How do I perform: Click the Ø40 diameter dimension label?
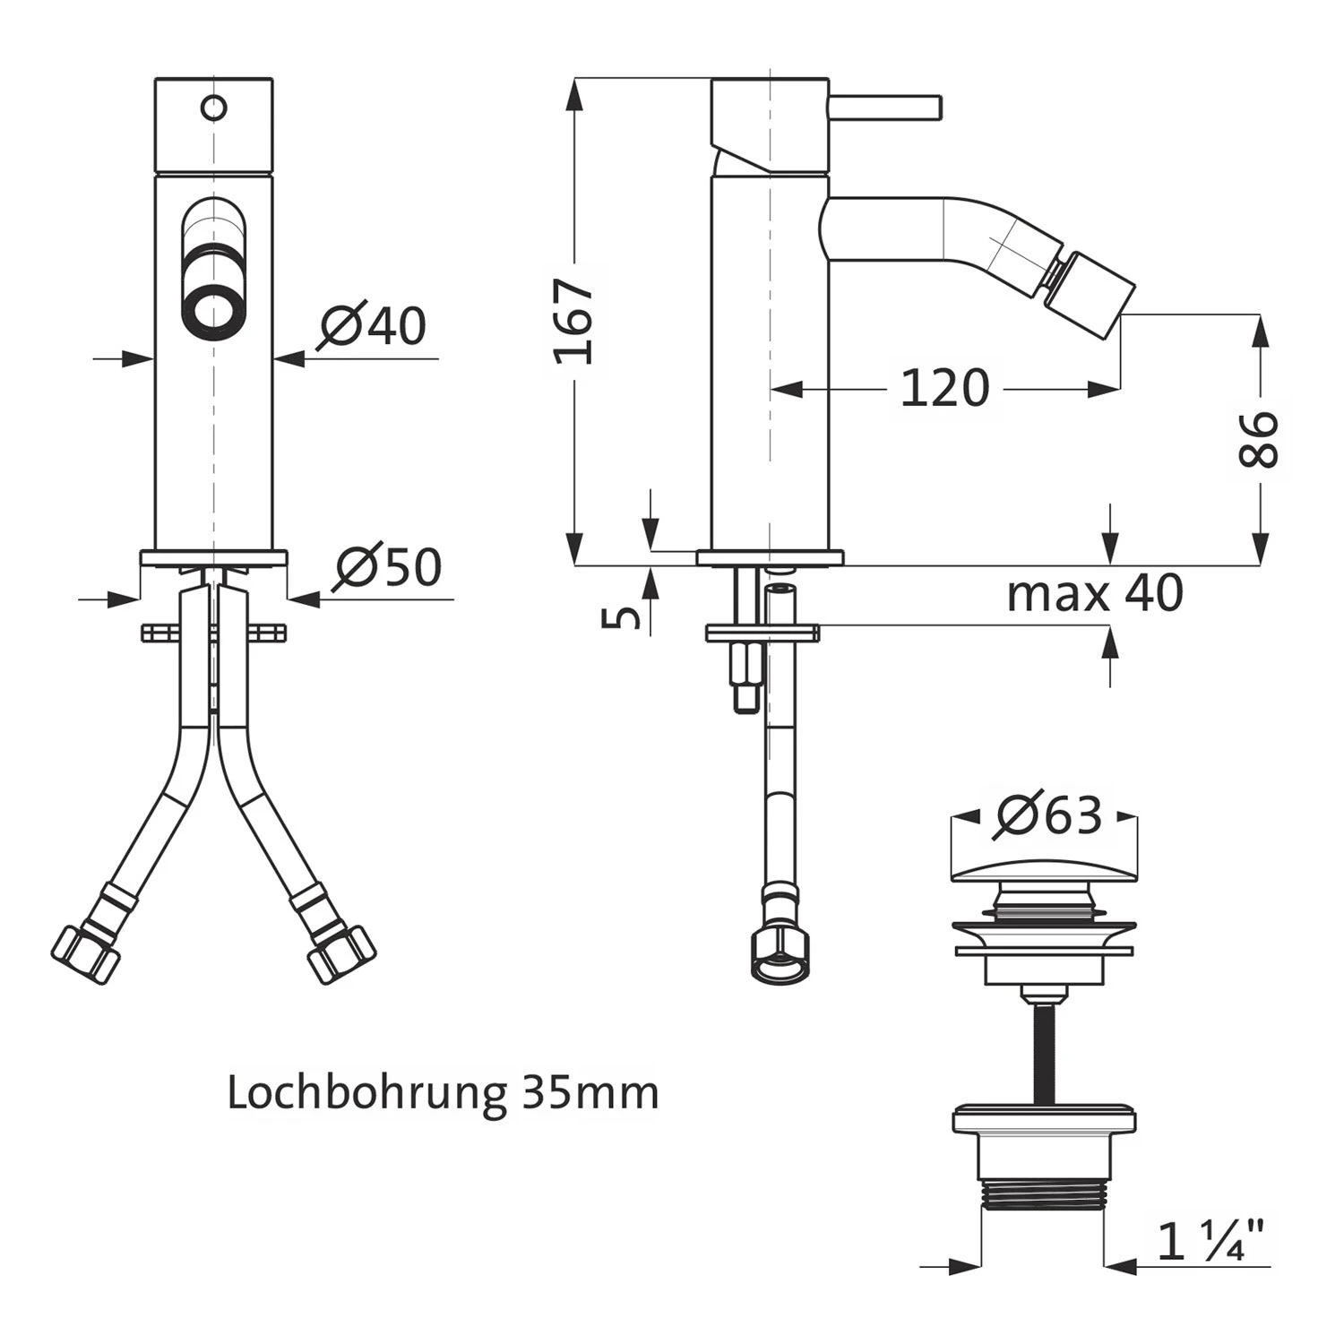click(372, 325)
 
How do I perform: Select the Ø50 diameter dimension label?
click(387, 566)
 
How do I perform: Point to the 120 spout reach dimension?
click(944, 389)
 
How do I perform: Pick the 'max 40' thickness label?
click(1095, 593)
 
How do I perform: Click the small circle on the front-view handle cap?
click(214, 108)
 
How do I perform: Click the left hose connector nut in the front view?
click(87, 953)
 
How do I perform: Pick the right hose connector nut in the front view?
click(340, 953)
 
